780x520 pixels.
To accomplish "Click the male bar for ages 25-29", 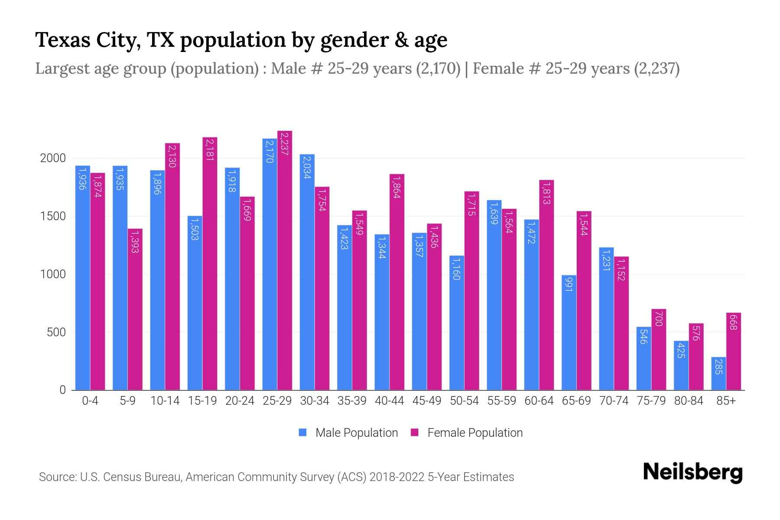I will point(270,264).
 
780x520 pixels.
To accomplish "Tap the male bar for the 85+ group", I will point(718,374).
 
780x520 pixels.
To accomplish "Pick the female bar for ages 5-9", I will point(135,309).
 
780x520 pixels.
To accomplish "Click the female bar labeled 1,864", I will point(397,282).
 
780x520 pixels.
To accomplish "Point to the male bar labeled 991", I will point(569,332).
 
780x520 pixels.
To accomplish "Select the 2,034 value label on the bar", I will point(307,168).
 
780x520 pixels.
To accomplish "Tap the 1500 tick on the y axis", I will point(53,216).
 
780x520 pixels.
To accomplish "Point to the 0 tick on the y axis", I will point(62,390).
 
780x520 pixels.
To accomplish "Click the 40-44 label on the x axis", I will point(389,401).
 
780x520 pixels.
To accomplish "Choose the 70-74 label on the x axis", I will point(614,401).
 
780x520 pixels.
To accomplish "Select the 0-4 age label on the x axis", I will point(90,401).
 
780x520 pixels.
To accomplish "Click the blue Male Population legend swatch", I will point(302,432).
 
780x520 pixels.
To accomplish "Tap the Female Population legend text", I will point(475,432).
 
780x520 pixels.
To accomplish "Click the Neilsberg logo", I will point(692,472).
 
